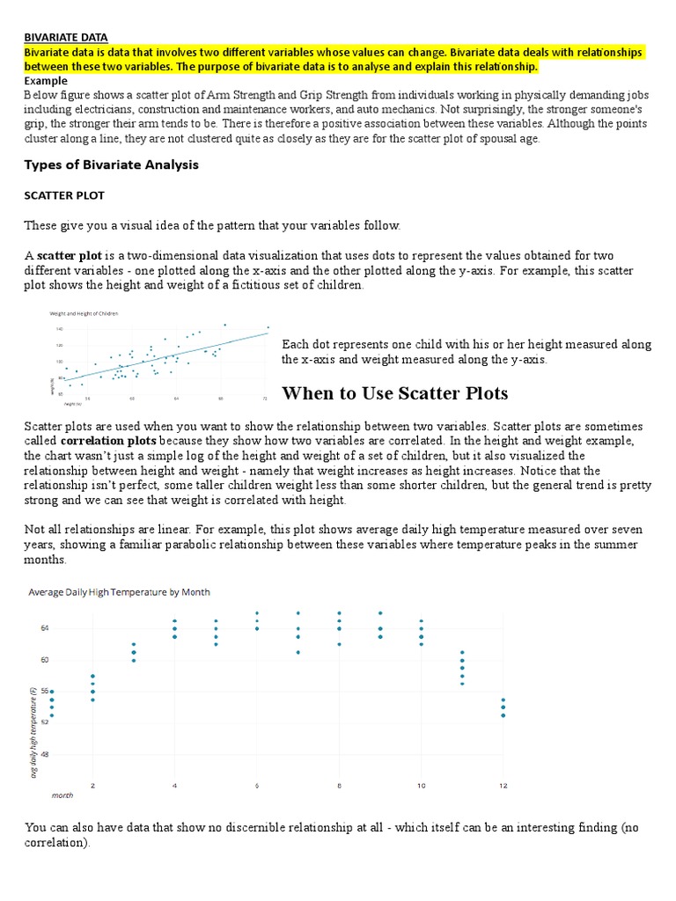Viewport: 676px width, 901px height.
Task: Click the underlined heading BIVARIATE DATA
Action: tap(65, 37)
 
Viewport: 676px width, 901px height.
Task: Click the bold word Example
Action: tap(46, 80)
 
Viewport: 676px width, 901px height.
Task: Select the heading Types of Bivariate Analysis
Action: tap(111, 165)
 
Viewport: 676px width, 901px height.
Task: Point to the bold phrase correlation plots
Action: tap(108, 439)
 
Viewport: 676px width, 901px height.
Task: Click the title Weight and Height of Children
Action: tap(84, 313)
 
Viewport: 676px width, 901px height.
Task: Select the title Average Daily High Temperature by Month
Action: tap(120, 592)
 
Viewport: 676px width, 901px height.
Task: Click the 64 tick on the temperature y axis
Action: tap(44, 628)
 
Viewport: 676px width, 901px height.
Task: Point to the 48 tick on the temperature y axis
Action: tap(44, 755)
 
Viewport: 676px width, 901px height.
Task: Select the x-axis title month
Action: tap(62, 795)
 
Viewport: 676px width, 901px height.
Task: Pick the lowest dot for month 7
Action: tap(298, 652)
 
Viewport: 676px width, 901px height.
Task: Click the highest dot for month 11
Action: tap(462, 652)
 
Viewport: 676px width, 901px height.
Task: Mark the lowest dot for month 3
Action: tap(133, 660)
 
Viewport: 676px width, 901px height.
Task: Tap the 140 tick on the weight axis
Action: tap(61, 328)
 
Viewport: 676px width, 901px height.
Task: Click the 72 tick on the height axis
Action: tap(266, 399)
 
